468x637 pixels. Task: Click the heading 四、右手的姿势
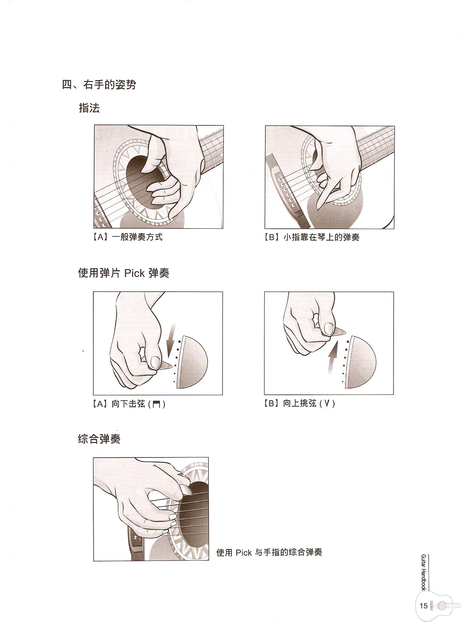[99, 85]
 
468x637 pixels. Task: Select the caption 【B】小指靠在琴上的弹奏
[312, 237]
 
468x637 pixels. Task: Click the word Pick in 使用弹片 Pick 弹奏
[134, 274]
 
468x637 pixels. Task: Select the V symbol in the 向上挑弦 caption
[327, 404]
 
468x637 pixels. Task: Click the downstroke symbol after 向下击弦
[156, 404]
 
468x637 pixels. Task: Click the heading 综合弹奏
[99, 439]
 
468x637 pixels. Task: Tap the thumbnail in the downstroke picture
[155, 362]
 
